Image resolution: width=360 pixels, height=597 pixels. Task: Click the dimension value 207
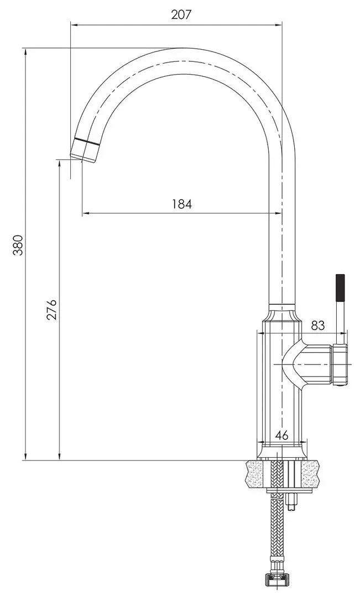tap(181, 15)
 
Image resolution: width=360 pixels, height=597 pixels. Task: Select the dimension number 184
tap(181, 204)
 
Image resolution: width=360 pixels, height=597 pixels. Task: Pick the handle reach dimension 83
tap(317, 325)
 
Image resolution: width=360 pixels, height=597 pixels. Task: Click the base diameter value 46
tap(282, 435)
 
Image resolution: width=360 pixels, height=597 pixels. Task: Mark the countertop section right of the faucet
tap(310, 475)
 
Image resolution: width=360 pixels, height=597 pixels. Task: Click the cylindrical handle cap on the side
tap(339, 364)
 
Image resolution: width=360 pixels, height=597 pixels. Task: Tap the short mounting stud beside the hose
tap(293, 500)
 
